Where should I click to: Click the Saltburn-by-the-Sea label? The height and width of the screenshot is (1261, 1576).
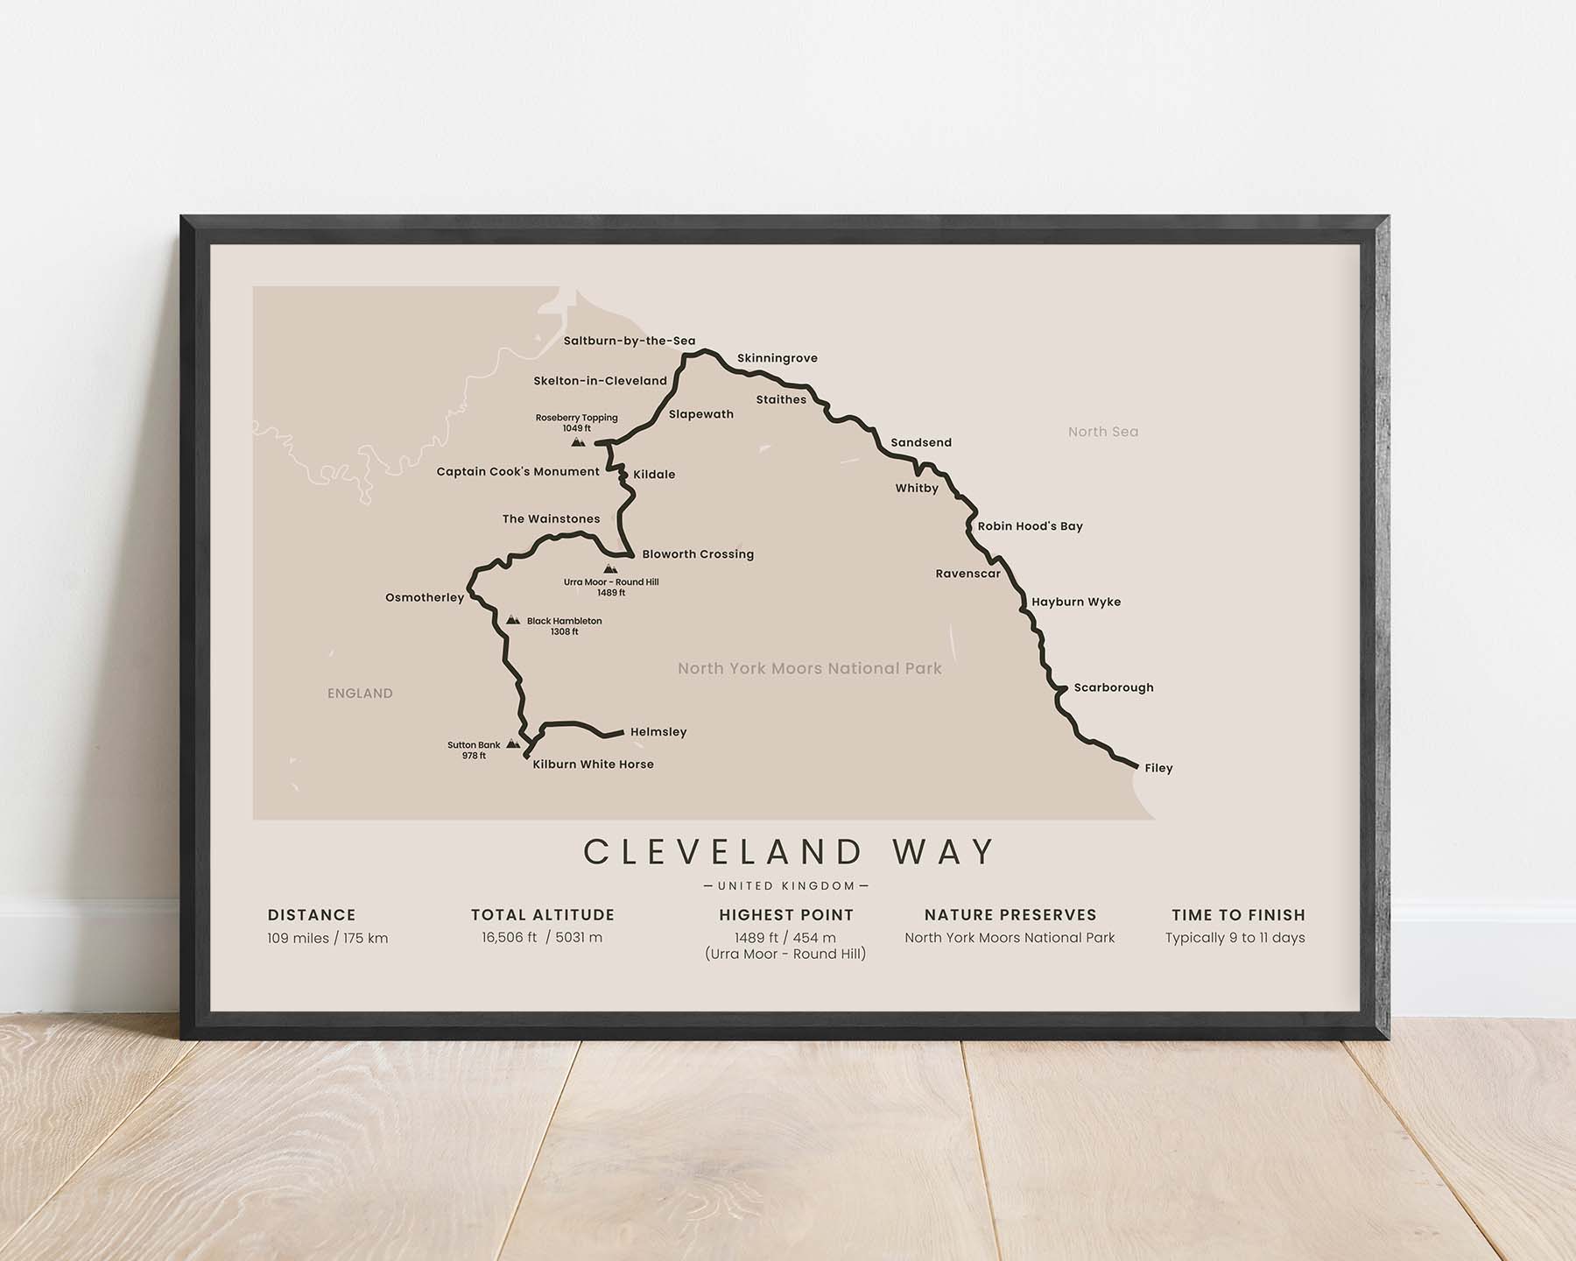(x=629, y=341)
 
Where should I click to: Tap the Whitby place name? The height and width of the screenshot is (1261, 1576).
(x=916, y=489)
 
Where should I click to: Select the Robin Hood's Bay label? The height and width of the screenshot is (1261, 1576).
(x=1030, y=526)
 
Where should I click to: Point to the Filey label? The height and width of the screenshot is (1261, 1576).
(x=1157, y=768)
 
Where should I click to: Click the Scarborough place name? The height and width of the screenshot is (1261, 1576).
(x=1113, y=687)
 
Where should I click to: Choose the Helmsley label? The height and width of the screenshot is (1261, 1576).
(x=658, y=732)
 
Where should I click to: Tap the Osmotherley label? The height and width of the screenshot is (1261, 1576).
(x=425, y=598)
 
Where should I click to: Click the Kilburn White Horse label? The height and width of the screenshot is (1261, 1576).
(x=593, y=764)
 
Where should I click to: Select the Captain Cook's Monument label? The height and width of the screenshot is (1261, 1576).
(x=517, y=472)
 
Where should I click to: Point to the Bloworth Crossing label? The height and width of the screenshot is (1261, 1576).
(x=697, y=554)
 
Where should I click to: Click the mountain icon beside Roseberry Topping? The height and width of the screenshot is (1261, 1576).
(x=578, y=443)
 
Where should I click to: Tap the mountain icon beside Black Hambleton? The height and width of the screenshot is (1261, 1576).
(x=513, y=620)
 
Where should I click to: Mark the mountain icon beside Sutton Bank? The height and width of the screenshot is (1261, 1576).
(x=512, y=744)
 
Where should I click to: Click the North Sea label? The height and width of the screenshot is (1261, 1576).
(x=1102, y=432)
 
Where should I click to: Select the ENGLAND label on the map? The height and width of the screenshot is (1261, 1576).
(x=360, y=694)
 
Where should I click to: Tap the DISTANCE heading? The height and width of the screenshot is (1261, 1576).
(x=312, y=915)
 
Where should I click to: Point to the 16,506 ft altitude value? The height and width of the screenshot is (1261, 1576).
(x=509, y=938)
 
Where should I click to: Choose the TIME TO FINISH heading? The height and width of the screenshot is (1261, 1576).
(x=1238, y=915)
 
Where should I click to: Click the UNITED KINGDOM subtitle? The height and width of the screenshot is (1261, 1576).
(x=786, y=886)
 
